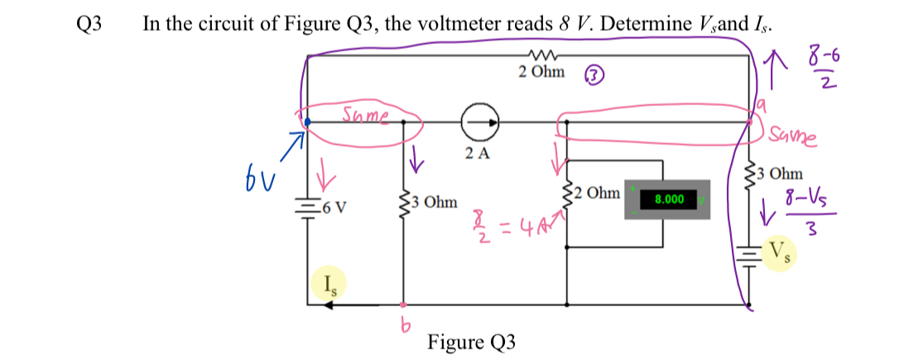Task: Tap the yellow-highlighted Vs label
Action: (779, 251)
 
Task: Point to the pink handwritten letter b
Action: (406, 329)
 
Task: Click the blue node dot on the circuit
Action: (308, 122)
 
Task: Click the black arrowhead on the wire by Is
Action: (329, 305)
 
